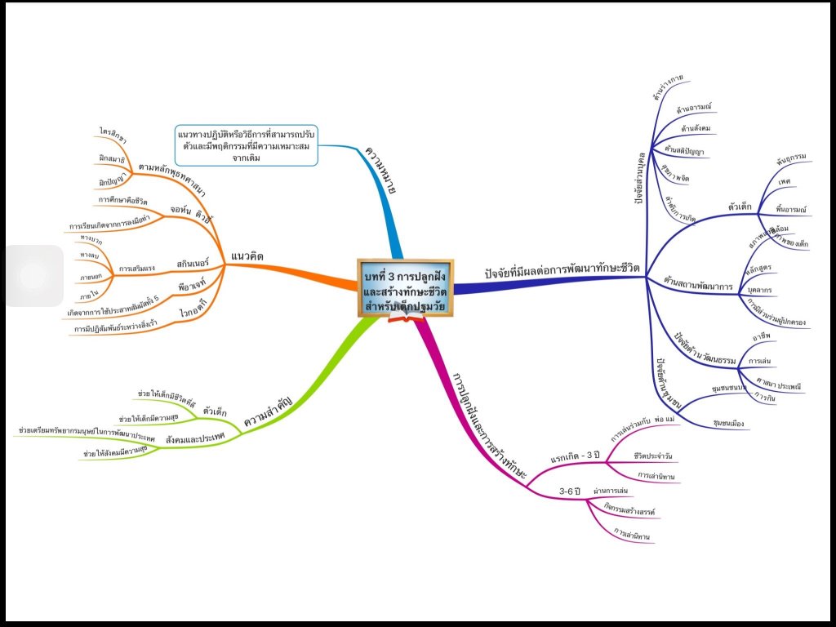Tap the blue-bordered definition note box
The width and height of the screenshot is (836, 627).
(246, 145)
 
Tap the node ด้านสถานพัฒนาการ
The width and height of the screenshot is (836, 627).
(697, 282)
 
